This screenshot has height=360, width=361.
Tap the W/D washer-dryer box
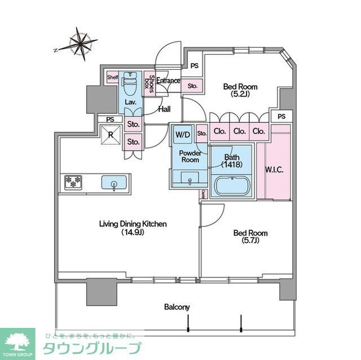(182, 135)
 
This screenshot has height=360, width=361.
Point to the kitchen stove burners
(73, 183)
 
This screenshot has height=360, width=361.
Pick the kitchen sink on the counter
(113, 183)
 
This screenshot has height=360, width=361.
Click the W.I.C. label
(274, 170)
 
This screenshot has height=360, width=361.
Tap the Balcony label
(177, 307)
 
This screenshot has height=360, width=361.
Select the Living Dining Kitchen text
(133, 224)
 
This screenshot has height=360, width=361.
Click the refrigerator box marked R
(110, 135)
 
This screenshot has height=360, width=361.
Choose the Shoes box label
(149, 84)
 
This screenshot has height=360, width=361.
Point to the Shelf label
(112, 77)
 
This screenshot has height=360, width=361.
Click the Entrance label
(168, 81)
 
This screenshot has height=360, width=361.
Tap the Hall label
(164, 109)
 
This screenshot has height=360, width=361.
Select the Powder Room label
(190, 156)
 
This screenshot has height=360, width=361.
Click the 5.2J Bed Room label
(240, 90)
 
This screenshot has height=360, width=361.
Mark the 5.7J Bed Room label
(251, 237)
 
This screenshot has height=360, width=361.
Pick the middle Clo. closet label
(239, 132)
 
